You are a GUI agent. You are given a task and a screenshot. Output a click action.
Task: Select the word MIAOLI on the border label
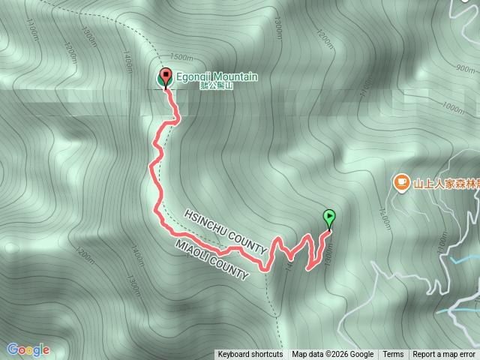click(194, 251)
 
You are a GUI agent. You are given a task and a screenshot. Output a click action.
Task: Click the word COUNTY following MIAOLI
click(229, 269)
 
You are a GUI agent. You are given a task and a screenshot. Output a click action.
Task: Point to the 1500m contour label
click(182, 57)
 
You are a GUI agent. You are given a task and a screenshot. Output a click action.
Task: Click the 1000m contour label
click(454, 107)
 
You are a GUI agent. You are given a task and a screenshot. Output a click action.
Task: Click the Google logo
click(28, 349)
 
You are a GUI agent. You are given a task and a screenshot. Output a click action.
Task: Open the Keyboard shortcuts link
click(250, 355)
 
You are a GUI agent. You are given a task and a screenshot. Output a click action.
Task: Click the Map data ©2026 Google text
click(333, 355)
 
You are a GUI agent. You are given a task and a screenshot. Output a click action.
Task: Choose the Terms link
click(393, 355)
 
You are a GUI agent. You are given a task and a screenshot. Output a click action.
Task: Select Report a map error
click(444, 355)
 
